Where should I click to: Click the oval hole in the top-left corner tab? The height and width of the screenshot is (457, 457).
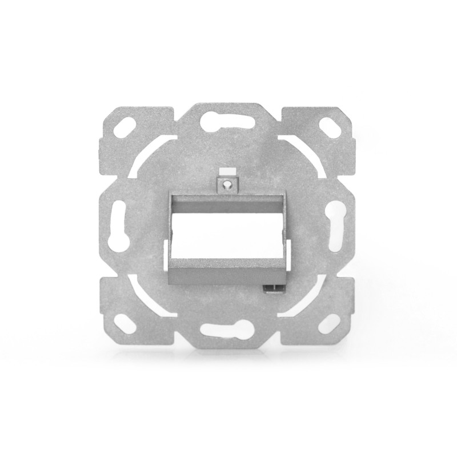[x=126, y=127]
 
